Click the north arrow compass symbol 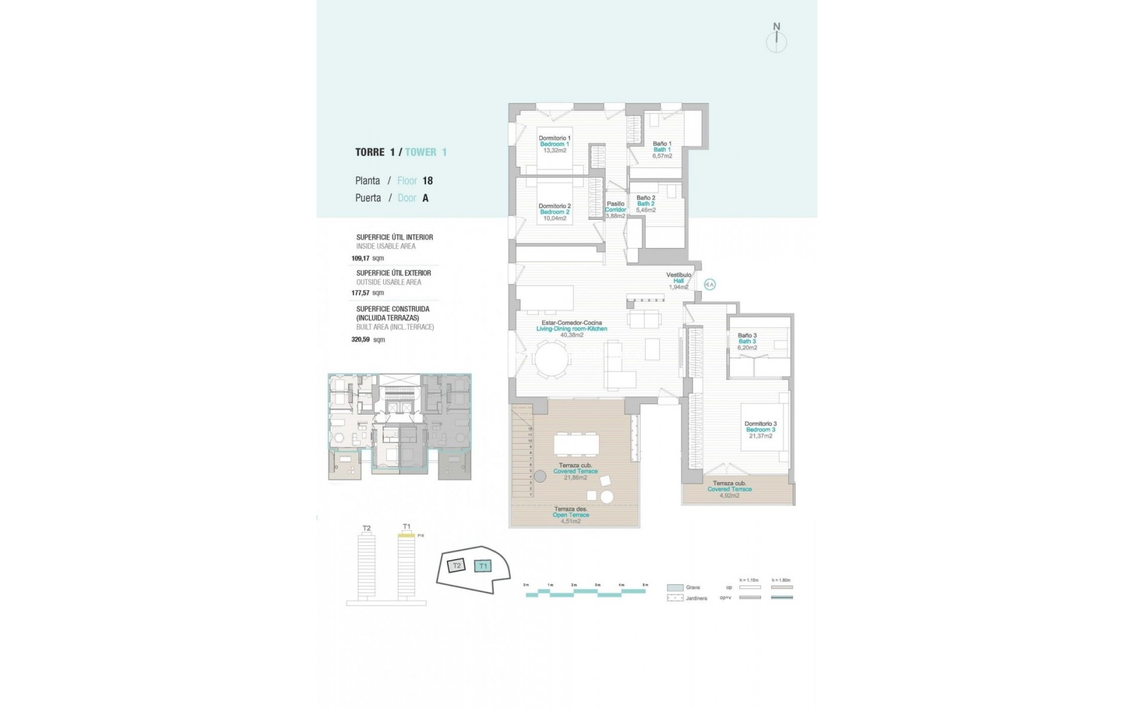[x=777, y=41]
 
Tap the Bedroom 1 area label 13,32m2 [x=555, y=151]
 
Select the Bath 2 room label [x=646, y=204]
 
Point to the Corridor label [x=615, y=210]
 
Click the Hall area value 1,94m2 [x=679, y=287]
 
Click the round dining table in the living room [x=549, y=359]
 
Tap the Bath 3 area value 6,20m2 [x=747, y=348]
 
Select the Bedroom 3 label [x=761, y=430]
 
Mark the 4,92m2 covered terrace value [x=729, y=495]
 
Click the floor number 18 [x=427, y=181]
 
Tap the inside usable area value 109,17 [x=360, y=258]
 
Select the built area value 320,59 [x=360, y=340]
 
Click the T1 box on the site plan [x=483, y=566]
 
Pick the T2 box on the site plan [x=456, y=566]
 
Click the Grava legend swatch [x=675, y=588]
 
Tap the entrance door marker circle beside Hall [x=710, y=285]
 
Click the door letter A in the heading [x=425, y=198]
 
